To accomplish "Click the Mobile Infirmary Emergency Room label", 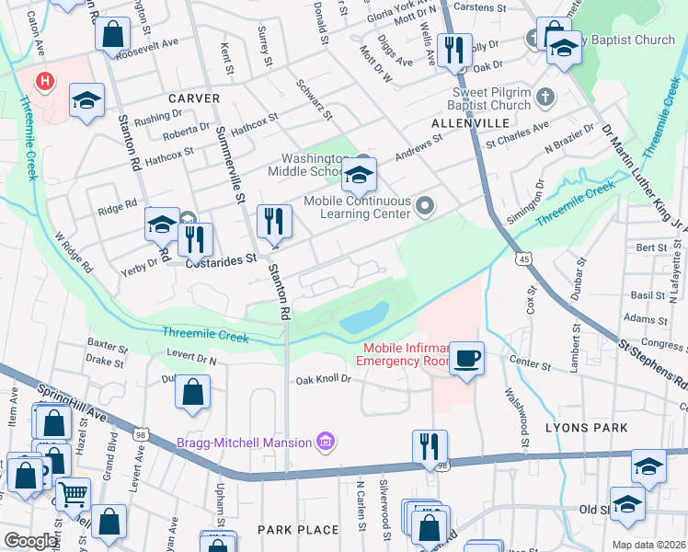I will click(406, 354).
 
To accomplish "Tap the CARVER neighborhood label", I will click(193, 98).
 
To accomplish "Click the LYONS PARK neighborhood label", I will click(599, 428).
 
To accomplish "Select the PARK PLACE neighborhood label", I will click(298, 530).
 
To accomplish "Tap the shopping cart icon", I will click(73, 494).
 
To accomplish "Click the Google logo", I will click(30, 541).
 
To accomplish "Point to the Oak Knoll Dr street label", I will click(324, 379).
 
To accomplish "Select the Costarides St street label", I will click(221, 260).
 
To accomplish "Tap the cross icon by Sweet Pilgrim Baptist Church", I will click(545, 97).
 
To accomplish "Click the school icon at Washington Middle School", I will click(359, 174).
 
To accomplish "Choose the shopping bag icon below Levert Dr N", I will click(193, 393).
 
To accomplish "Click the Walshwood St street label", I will click(512, 417).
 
